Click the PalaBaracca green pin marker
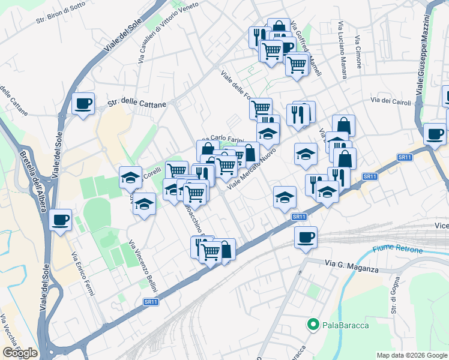pyautogui.click(x=313, y=325)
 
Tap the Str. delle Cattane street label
pyautogui.click(x=136, y=104)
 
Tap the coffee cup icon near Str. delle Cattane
pyautogui.click(x=83, y=103)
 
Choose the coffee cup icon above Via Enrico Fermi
pyautogui.click(x=60, y=220)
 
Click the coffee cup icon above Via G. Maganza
pyautogui.click(x=306, y=237)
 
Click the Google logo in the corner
pyautogui.click(x=20, y=353)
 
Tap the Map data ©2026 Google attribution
pyautogui.click(x=412, y=355)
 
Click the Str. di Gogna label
pyautogui.click(x=394, y=296)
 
